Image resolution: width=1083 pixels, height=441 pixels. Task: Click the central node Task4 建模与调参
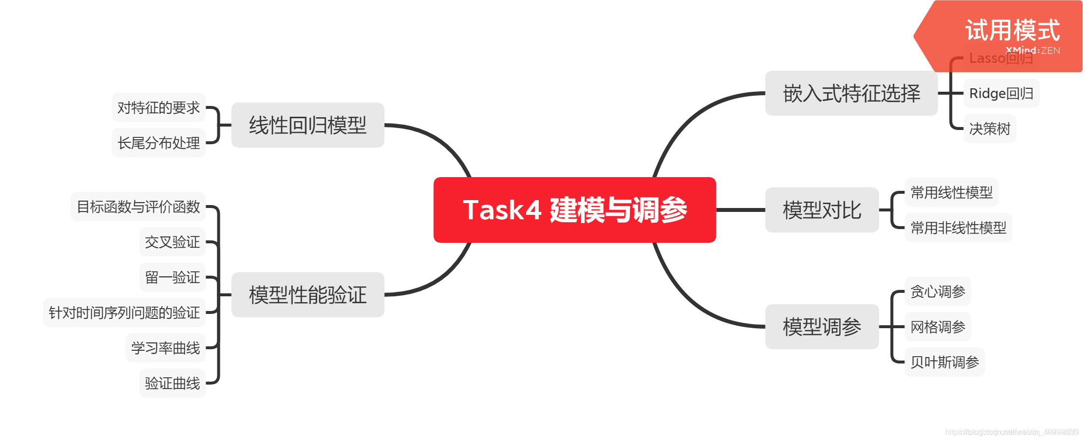click(575, 210)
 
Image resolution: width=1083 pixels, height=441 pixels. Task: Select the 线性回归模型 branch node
click(308, 125)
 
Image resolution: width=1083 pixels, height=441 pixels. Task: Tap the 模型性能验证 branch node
click(308, 295)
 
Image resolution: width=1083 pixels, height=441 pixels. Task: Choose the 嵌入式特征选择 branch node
click(851, 93)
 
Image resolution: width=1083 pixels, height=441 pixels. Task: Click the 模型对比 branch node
click(822, 210)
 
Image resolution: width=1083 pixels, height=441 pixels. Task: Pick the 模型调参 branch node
click(822, 327)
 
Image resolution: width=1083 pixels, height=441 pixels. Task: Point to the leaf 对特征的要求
click(158, 107)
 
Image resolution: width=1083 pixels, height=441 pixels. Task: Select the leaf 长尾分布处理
click(158, 143)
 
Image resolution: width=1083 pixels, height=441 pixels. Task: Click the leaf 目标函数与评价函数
click(138, 207)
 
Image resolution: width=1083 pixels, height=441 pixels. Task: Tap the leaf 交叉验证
click(172, 242)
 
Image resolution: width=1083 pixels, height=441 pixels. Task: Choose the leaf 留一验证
click(172, 277)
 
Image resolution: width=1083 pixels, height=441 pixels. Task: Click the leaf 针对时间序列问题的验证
click(124, 312)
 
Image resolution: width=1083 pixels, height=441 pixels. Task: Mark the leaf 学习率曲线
click(165, 348)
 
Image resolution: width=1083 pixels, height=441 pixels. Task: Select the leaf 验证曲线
click(172, 383)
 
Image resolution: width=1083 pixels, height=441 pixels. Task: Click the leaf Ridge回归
click(1001, 93)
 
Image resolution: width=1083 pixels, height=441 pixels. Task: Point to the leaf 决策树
click(990, 129)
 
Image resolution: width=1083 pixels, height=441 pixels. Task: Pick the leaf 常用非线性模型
click(958, 228)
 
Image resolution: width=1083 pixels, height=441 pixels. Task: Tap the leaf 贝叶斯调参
click(945, 362)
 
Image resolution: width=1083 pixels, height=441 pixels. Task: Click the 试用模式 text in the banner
click(1012, 30)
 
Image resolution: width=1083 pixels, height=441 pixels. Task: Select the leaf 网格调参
click(938, 327)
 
